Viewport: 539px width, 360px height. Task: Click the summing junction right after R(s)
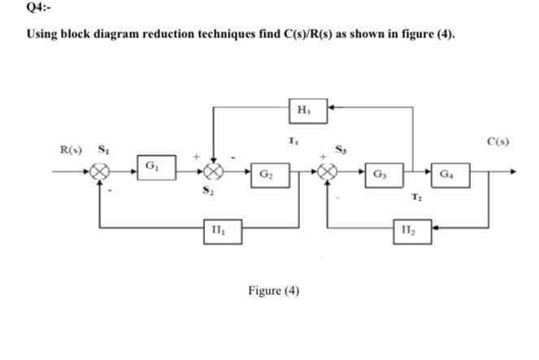100,172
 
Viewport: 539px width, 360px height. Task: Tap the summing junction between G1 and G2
213,172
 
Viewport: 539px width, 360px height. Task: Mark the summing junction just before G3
329,172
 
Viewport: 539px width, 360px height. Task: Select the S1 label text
103,150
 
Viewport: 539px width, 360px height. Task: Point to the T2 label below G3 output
415,196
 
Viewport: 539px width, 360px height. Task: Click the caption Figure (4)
272,290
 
